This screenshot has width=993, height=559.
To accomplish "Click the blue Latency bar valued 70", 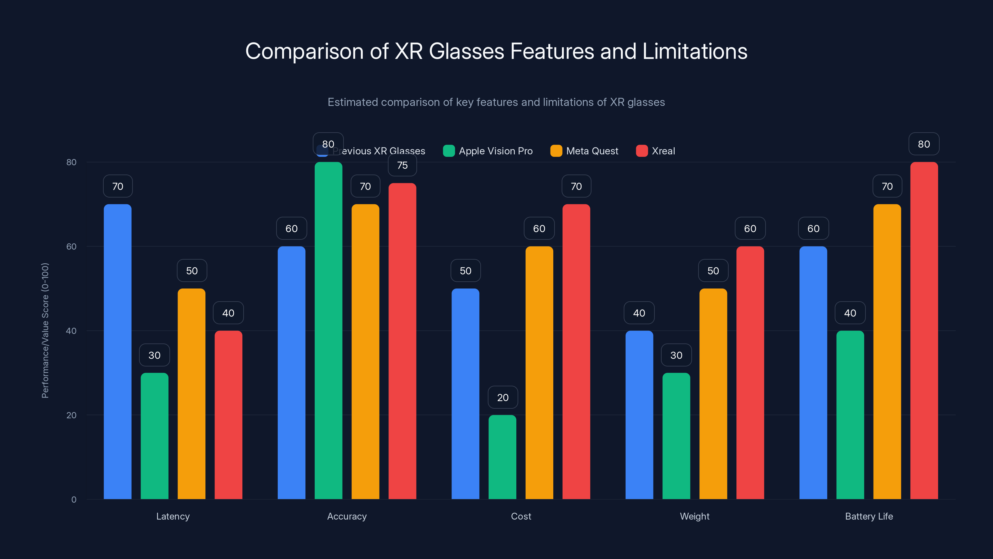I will tap(118, 351).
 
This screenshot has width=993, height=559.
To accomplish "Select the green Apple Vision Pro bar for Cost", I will tap(502, 457).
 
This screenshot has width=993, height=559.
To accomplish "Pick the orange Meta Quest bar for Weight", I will tap(713, 393).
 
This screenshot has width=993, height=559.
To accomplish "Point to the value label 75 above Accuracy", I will tap(402, 166).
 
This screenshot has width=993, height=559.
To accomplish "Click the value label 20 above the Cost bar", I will tap(503, 398).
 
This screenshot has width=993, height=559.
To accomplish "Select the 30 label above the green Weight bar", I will tap(676, 355).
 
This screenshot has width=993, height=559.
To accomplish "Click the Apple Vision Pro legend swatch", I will tap(449, 151).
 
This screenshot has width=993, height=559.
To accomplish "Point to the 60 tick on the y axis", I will tap(71, 247).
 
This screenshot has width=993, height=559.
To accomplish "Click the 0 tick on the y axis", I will tap(74, 500).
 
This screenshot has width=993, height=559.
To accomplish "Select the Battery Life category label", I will tap(869, 516).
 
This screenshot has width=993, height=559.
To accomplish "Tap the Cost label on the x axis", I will tap(521, 516).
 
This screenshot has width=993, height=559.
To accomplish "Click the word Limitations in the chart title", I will tap(695, 51).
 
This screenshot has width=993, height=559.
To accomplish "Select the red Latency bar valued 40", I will tap(228, 415).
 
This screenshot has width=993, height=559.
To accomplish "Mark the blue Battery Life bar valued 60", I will tap(813, 373).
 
